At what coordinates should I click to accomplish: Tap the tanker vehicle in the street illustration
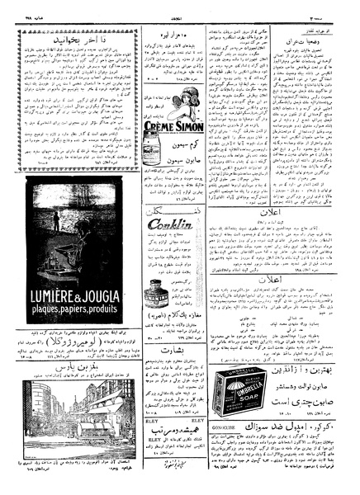point(75,463)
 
